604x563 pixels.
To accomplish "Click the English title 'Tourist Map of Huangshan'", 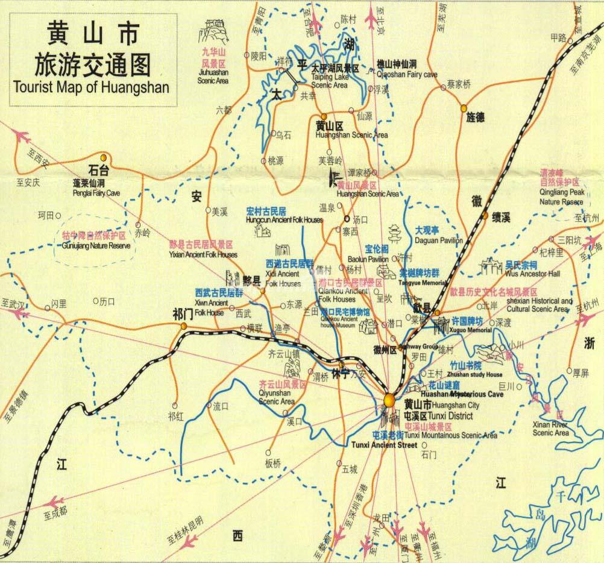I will coord(91,86).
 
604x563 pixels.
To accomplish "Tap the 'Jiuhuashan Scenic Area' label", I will coord(213,77).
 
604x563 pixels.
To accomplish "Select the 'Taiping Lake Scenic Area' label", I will coord(330,81).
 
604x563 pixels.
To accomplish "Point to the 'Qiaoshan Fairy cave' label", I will coord(406,75).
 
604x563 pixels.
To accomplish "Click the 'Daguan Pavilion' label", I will coord(439,241).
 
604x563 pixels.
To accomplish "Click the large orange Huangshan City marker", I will coord(390,400).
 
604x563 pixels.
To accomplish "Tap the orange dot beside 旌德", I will coord(464,109).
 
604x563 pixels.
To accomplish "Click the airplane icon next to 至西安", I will coord(22,135).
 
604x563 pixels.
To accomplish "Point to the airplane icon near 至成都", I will coord(57,502).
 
